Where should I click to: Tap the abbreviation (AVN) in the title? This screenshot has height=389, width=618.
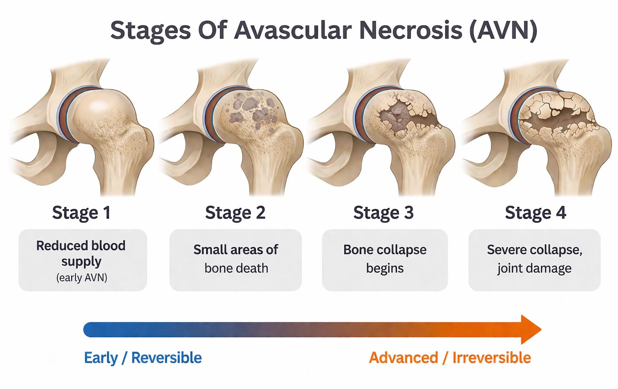point(504,30)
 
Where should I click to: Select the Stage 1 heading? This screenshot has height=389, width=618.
point(81,213)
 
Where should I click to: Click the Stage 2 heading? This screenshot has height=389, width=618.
point(235,213)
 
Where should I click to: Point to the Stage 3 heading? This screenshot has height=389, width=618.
point(383,213)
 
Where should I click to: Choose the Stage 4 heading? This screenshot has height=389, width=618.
point(536,213)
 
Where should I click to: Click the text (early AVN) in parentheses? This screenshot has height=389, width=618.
point(82,277)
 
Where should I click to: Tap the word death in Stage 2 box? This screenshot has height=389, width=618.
point(251,268)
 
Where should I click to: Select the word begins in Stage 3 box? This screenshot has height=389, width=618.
point(385,269)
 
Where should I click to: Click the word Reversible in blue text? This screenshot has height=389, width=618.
point(166,358)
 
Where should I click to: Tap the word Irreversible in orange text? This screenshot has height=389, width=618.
point(492,358)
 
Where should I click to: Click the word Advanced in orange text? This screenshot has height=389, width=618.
point(404,358)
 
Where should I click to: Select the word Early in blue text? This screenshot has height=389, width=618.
point(101,358)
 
